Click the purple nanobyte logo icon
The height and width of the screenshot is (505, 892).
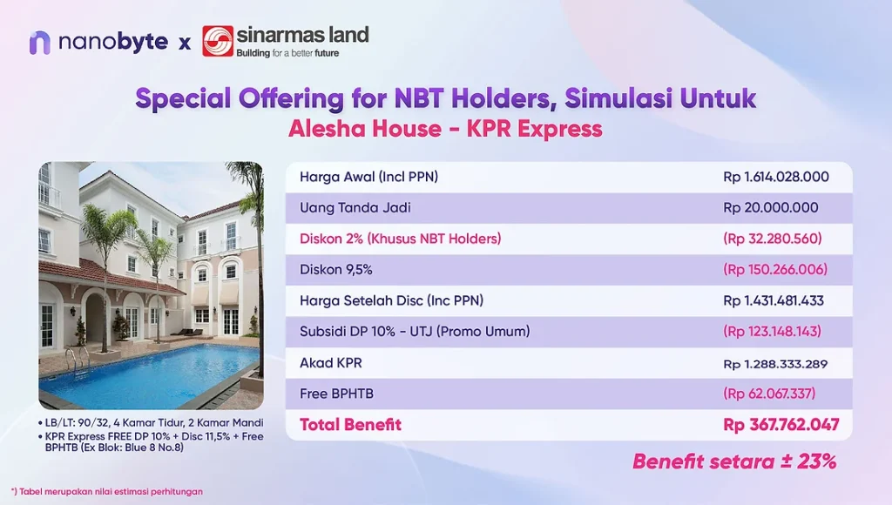[x=40, y=43]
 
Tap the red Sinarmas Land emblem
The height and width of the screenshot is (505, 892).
[x=217, y=41]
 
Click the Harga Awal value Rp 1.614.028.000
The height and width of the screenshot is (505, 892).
[x=776, y=177]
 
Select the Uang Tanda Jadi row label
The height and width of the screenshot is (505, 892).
[x=355, y=207]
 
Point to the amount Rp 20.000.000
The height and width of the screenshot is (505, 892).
[x=771, y=207]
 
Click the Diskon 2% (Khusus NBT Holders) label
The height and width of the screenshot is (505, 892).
[x=401, y=239]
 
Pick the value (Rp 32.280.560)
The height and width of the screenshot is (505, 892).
[x=773, y=239]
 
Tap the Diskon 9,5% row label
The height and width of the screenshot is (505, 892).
[x=336, y=270]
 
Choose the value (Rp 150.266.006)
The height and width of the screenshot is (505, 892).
[x=775, y=270]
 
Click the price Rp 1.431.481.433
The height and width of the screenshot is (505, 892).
[x=774, y=301]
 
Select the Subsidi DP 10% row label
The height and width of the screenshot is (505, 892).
[x=415, y=332]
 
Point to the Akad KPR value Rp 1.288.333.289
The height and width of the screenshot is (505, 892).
[x=775, y=364]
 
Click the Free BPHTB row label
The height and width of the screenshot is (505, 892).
[x=337, y=394]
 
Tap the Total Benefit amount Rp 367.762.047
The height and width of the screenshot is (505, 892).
[x=781, y=425]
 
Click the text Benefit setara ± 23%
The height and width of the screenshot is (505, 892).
[x=734, y=461]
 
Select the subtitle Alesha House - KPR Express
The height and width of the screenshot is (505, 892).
[x=445, y=129]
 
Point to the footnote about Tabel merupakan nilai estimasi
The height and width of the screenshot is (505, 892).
[x=107, y=491]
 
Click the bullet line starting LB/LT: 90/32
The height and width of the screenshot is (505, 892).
[x=151, y=422]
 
